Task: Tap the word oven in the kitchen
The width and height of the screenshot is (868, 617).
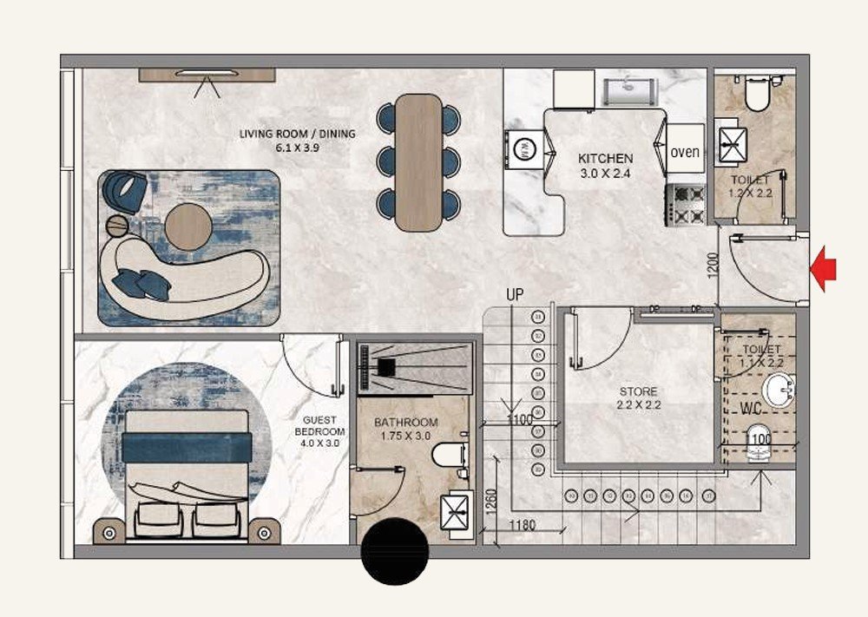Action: [685, 152]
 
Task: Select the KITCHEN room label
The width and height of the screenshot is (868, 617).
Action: [605, 160]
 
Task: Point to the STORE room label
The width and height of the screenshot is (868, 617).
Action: [638, 392]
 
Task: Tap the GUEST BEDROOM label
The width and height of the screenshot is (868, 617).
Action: [319, 431]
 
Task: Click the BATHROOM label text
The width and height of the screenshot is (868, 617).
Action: [406, 423]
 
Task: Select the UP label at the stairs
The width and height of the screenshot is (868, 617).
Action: [516, 295]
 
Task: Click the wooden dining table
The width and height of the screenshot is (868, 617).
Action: [418, 161]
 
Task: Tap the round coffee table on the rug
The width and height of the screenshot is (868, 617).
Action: [188, 226]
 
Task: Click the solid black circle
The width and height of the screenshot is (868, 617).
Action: [395, 551]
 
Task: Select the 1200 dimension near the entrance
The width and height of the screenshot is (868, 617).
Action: [713, 264]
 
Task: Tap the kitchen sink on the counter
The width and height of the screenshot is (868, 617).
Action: [629, 86]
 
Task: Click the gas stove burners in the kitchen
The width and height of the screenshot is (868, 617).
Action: [683, 205]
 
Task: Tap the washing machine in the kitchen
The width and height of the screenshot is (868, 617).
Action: [523, 150]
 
